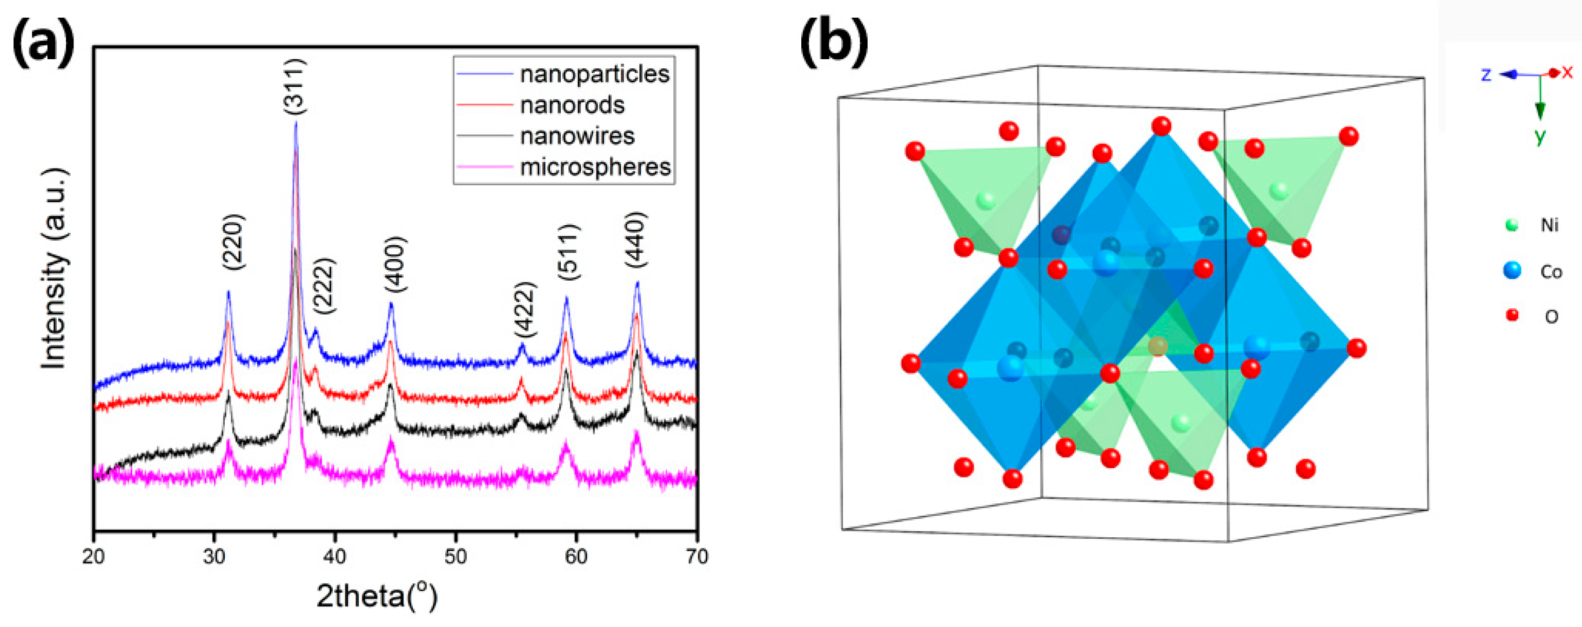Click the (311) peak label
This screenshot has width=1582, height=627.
tap(295, 86)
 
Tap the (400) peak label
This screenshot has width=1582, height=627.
tap(396, 264)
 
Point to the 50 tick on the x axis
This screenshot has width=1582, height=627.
tap(455, 556)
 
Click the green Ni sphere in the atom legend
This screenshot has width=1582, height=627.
tap(1511, 225)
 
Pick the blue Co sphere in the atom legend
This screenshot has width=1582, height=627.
tap(1512, 270)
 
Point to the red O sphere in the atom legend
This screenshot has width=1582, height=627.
tap(1512, 315)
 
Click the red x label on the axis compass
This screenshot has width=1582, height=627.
tap(1567, 72)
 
